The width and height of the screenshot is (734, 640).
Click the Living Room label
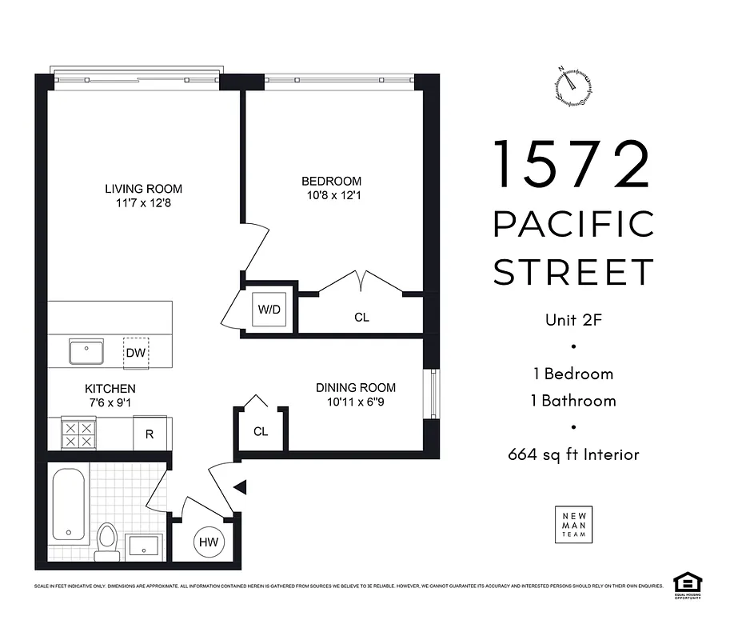pos(143,189)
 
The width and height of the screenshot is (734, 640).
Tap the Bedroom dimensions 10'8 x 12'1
pos(331,194)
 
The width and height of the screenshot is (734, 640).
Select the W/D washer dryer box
pos(268,308)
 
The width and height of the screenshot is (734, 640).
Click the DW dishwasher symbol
pos(136,353)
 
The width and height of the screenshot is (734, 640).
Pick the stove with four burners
pos(79,434)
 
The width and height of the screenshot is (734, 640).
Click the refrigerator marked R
pos(149,435)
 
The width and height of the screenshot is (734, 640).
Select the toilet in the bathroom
pos(106,541)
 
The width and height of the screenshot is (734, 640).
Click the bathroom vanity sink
pos(143,547)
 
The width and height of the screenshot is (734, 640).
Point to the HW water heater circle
pos(209,542)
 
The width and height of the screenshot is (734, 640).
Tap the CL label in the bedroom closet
pos(361,318)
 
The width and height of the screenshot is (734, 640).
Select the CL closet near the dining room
pos(260,431)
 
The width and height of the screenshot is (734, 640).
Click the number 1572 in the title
pos(572,164)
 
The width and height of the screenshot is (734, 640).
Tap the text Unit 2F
pos(573,320)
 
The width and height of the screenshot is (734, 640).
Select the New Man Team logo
pos(574,524)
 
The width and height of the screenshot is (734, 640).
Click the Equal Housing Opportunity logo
pos(684,583)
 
